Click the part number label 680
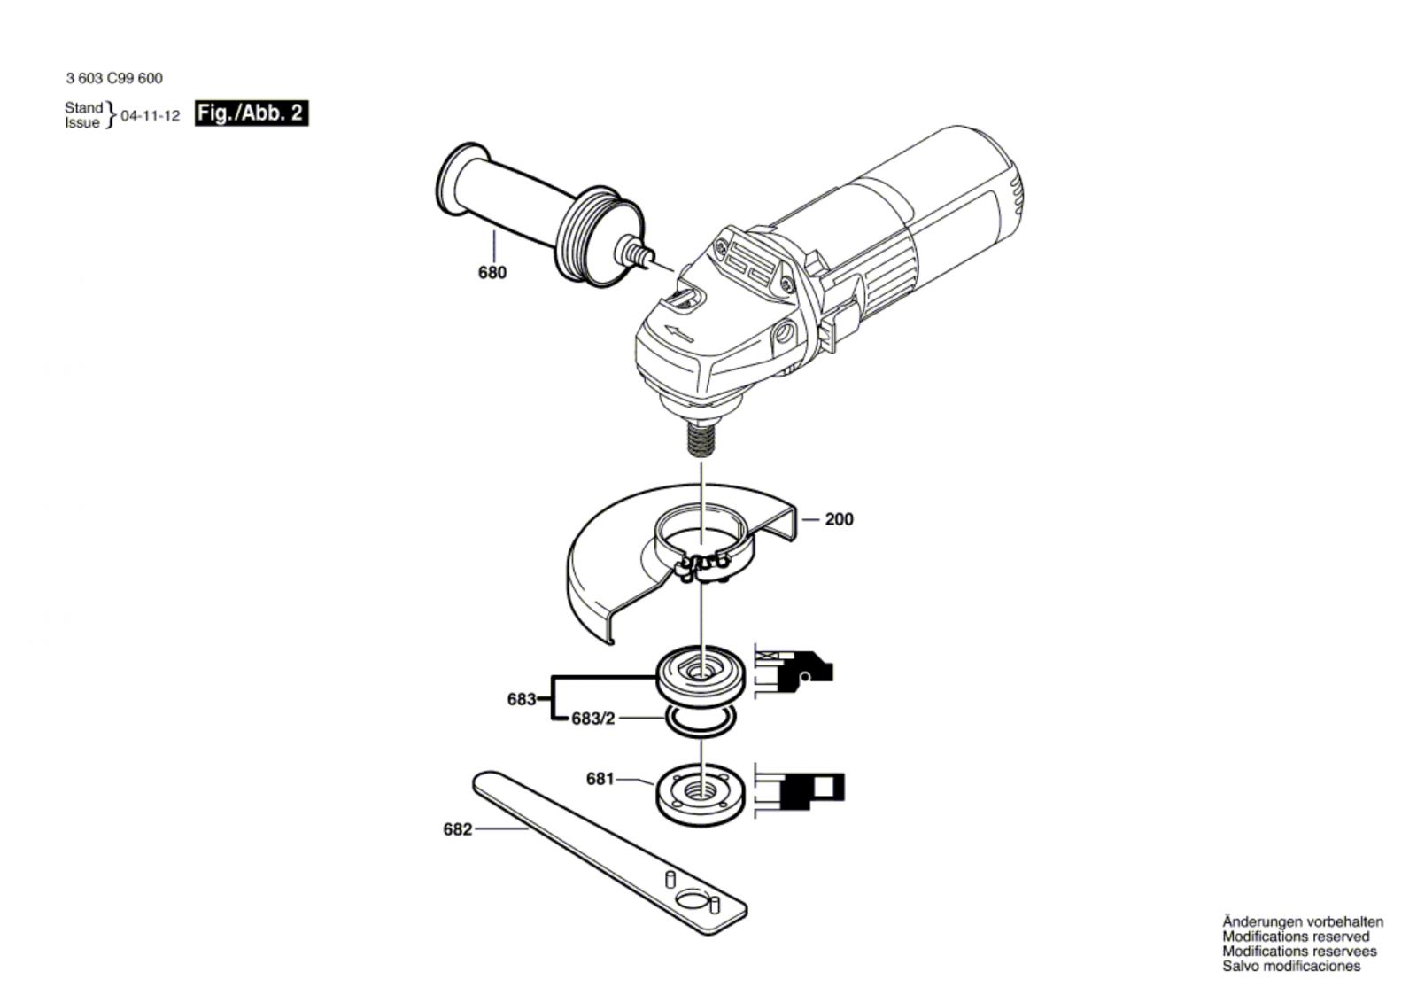point(492,273)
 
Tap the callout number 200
point(839,519)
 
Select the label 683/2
point(592,719)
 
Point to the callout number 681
point(600,779)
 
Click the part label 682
point(457,830)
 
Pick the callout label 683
point(522,699)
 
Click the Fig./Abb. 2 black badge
point(252,113)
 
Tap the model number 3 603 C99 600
point(114,78)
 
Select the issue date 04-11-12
point(150,116)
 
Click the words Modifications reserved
point(1296,937)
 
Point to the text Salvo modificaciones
point(1291,966)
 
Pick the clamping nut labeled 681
point(700,788)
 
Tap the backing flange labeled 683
point(700,674)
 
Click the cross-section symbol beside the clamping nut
point(798,789)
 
